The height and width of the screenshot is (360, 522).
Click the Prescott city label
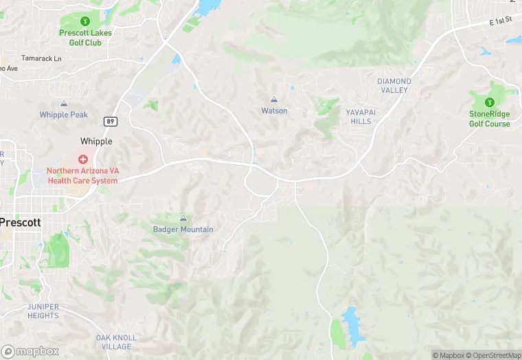tap(21, 223)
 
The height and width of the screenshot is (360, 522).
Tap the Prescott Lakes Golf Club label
tap(85, 38)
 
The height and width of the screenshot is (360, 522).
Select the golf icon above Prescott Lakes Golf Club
tap(85, 21)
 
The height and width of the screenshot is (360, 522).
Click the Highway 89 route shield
tap(110, 122)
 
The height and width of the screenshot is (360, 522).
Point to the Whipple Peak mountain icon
tap(64, 104)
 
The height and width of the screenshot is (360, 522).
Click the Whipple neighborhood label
tap(96, 141)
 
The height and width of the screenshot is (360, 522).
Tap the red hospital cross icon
tap(82, 159)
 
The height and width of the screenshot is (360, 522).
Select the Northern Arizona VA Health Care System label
tap(82, 175)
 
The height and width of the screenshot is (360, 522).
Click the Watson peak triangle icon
tap(274, 100)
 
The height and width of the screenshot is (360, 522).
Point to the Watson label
tap(274, 111)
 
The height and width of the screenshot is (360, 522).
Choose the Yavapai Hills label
tap(359, 116)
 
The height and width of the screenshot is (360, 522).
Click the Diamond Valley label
tap(394, 85)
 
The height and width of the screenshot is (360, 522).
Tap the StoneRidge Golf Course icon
tap(490, 102)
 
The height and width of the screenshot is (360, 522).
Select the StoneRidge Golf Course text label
tap(490, 119)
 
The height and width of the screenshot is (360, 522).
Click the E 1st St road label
tap(501, 23)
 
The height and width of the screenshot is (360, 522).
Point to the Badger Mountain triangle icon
tap(183, 218)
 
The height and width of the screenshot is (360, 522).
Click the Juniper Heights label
tap(43, 311)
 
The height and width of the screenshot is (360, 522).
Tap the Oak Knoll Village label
tap(116, 342)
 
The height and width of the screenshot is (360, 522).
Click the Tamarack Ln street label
tap(41, 59)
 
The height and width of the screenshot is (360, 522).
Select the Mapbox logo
tap(30, 351)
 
